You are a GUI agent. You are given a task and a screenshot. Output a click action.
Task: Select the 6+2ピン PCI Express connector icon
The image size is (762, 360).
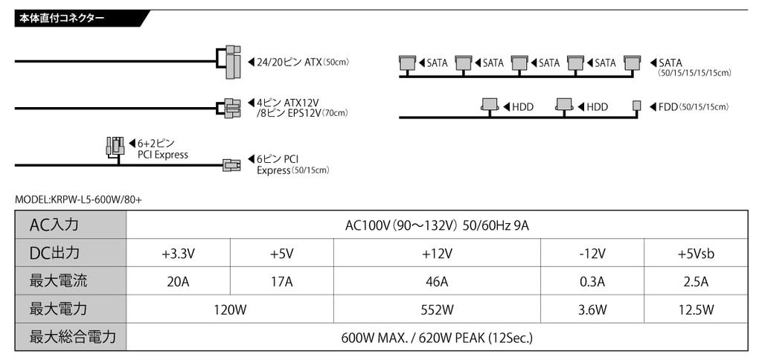115,147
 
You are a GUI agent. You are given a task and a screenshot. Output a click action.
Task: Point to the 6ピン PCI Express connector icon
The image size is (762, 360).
231,164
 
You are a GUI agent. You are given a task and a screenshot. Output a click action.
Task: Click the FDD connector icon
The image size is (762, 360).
636,106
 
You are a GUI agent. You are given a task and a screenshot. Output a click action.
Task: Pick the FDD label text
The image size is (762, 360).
668,107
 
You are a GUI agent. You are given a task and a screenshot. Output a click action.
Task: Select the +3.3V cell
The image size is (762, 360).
178,253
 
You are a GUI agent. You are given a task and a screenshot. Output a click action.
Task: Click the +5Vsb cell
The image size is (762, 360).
696,253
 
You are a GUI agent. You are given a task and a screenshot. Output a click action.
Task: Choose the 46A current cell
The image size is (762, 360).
437,281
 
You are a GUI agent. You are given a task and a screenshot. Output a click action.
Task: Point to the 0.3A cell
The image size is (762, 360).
592,281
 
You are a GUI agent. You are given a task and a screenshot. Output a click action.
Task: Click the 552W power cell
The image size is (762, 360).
437,309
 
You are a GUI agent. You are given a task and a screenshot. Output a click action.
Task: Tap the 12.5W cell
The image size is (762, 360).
696,309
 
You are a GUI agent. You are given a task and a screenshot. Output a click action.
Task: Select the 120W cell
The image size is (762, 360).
230,309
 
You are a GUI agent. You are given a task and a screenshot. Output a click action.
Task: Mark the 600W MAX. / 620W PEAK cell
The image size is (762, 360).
437,337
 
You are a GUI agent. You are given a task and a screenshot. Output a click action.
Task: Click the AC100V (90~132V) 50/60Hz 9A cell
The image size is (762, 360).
437,225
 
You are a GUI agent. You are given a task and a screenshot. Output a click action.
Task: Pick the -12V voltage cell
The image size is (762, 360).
592,253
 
